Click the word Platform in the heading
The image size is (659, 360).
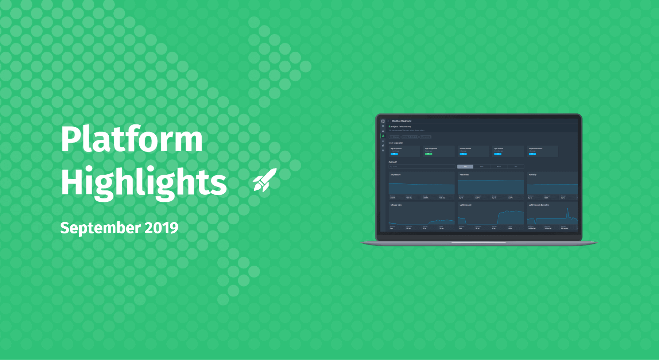tap(131, 139)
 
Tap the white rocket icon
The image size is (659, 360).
tap(265, 180)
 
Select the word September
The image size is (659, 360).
tap(100, 228)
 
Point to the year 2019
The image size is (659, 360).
tap(161, 228)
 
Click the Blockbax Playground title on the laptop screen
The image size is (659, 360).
tap(402, 121)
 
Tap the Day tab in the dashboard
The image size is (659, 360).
tap(465, 166)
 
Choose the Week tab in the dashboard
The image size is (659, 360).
tap(481, 166)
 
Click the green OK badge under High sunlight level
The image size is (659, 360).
tap(429, 154)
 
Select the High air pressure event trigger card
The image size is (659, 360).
tap(404, 151)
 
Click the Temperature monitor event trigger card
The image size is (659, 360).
tap(542, 151)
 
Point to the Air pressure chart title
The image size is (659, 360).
tap(395, 175)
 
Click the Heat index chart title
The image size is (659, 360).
tap(464, 175)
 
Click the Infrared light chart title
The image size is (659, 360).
tap(396, 205)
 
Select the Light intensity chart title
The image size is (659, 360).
tap(465, 205)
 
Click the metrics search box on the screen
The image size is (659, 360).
tap(422, 166)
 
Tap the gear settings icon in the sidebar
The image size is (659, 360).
tap(383, 151)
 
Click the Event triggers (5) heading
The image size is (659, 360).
tap(395, 143)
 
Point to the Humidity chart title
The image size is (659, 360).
tap(532, 175)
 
